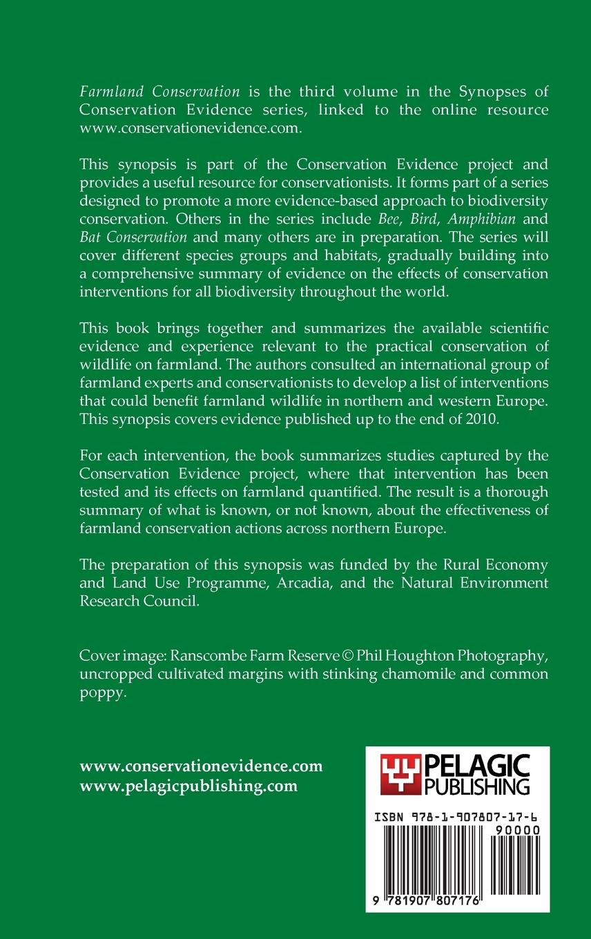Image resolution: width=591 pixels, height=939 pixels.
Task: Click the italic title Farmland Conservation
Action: [159, 91]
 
